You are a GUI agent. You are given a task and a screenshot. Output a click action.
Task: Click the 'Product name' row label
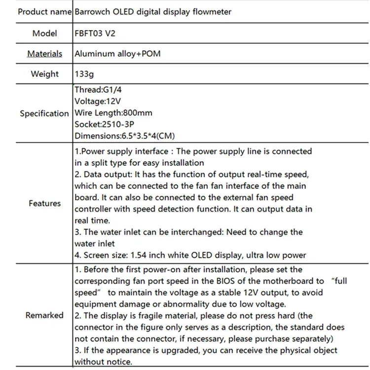[x=44, y=12]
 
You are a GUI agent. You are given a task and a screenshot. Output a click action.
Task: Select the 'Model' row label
[x=44, y=34]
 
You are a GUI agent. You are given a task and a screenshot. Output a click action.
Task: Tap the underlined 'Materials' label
[x=44, y=54]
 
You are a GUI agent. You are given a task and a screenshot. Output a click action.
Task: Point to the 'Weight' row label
[x=44, y=74]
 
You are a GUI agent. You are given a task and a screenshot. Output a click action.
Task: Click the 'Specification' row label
[x=44, y=113]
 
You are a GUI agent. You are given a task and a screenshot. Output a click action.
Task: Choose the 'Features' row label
[x=44, y=203]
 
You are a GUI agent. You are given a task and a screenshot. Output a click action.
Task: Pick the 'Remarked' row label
[x=44, y=315]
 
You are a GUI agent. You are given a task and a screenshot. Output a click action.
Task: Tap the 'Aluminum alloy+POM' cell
[x=117, y=54]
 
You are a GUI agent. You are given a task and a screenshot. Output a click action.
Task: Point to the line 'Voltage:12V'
[x=98, y=101]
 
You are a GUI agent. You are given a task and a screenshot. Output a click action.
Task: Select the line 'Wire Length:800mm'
[x=113, y=113]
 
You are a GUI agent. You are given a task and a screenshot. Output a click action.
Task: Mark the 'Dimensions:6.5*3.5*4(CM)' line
[x=124, y=136]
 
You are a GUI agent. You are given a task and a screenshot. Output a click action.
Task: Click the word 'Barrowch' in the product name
[x=92, y=12]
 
